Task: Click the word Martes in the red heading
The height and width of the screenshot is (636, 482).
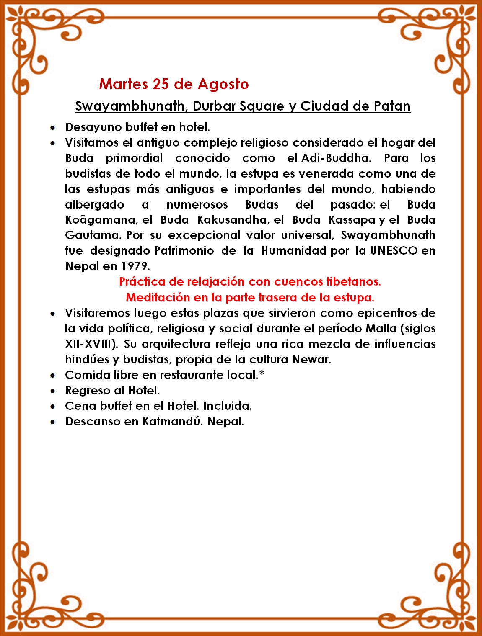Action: (123, 84)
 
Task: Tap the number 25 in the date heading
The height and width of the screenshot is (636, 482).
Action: (161, 84)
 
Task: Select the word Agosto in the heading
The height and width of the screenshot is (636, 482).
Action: (223, 84)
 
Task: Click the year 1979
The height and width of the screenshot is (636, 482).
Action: (135, 266)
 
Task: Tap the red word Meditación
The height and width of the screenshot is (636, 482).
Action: (158, 297)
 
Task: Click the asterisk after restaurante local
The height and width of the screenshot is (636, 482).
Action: (262, 374)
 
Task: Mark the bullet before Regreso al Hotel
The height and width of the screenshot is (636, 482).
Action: (52, 391)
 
